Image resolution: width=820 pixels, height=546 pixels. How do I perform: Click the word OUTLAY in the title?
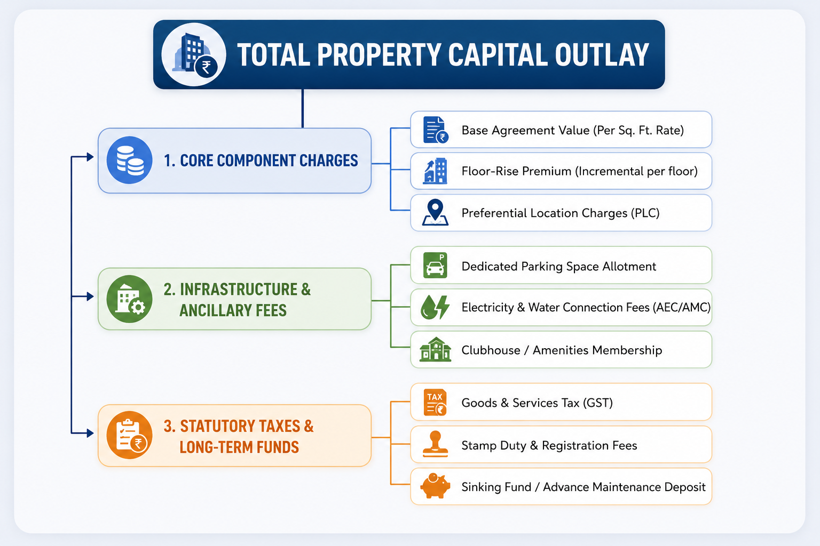click(x=602, y=54)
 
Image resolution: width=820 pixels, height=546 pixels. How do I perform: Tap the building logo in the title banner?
click(x=194, y=54)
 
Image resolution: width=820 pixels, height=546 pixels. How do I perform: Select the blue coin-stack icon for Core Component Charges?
click(x=129, y=160)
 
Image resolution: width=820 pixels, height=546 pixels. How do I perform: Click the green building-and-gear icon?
click(x=129, y=299)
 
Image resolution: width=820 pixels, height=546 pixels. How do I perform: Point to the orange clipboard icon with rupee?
click(x=129, y=435)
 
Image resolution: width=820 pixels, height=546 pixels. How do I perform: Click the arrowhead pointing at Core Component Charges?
click(x=90, y=157)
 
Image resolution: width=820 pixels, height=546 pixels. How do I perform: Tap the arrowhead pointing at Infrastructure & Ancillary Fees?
click(x=90, y=296)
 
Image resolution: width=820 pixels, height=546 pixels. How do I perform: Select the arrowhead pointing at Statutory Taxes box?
click(x=90, y=433)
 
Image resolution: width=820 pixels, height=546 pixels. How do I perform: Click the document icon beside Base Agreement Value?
click(x=436, y=130)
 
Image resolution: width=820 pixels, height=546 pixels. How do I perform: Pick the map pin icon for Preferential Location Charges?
click(x=435, y=212)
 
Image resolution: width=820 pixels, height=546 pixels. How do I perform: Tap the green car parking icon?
click(x=435, y=265)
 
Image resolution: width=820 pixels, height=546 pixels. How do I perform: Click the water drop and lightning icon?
click(x=435, y=307)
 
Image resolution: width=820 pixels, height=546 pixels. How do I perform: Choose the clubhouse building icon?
click(x=435, y=349)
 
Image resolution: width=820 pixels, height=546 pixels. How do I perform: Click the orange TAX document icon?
click(x=435, y=402)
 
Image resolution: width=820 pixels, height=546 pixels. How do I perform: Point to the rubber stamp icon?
click(x=435, y=444)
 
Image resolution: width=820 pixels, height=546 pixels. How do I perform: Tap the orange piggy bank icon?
click(x=435, y=486)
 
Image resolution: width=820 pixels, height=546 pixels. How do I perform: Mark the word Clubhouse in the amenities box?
click(x=491, y=350)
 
